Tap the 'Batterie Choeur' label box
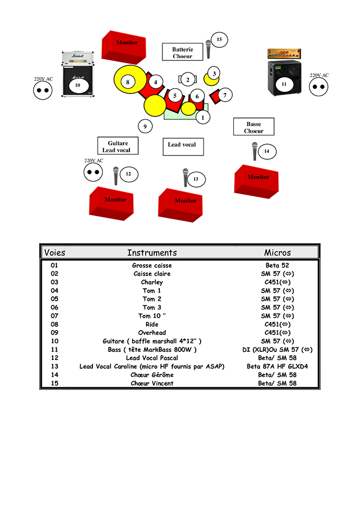(x=182, y=52)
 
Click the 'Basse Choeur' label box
(x=253, y=127)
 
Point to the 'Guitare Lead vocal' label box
(x=118, y=146)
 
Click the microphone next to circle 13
(x=185, y=177)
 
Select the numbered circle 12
(x=129, y=175)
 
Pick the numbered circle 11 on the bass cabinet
(x=283, y=84)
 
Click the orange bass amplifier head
(x=284, y=54)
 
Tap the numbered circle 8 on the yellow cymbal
(x=128, y=83)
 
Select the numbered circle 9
(x=145, y=127)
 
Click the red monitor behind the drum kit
(x=125, y=46)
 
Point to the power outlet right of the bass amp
(x=319, y=87)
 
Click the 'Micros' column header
(x=277, y=253)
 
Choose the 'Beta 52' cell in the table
(x=277, y=265)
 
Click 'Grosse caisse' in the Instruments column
(x=152, y=265)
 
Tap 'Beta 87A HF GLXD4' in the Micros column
(x=277, y=367)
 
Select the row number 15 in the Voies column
(x=54, y=383)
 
